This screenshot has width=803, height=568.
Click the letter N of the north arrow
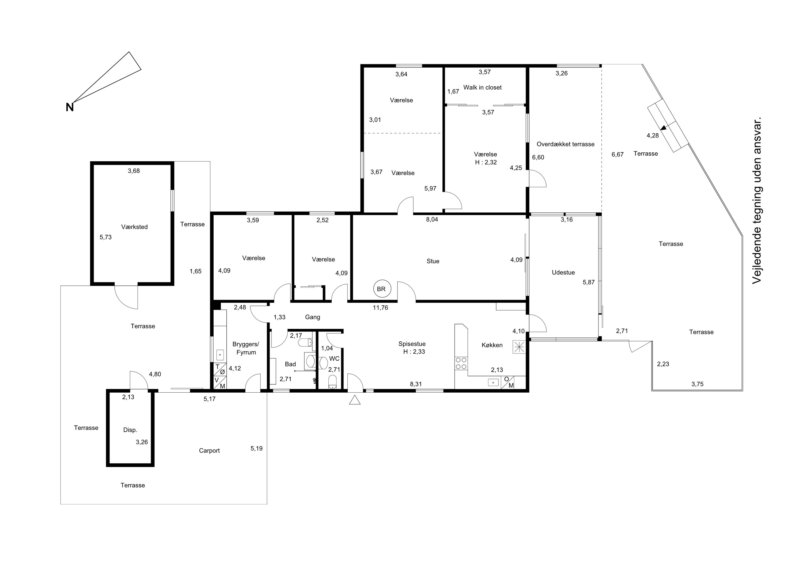pyautogui.click(x=70, y=107)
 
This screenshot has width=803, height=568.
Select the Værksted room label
pyautogui.click(x=134, y=227)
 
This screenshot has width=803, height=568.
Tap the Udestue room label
pyautogui.click(x=563, y=272)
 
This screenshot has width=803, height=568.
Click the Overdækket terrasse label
pyautogui.click(x=566, y=144)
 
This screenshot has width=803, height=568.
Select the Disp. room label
pyautogui.click(x=130, y=430)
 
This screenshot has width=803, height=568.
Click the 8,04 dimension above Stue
pyautogui.click(x=432, y=220)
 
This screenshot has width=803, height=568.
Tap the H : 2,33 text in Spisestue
pyautogui.click(x=414, y=352)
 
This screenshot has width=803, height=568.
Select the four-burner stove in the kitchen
pyautogui.click(x=461, y=363)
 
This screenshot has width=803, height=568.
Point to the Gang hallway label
pyautogui.click(x=312, y=317)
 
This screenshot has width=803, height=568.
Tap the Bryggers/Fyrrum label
pyautogui.click(x=246, y=348)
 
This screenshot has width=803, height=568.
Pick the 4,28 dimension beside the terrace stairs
pyautogui.click(x=652, y=136)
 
